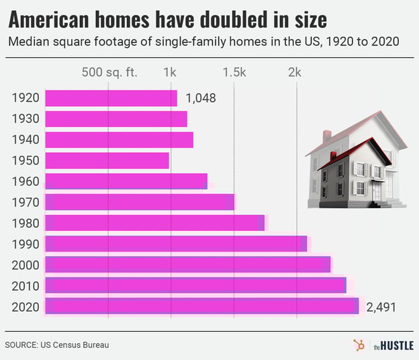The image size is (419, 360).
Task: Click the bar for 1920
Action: click(111, 98)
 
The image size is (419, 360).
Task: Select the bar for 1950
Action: click(107, 161)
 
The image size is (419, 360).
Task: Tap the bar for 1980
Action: click(154, 223)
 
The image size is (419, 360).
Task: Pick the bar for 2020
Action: click(201, 306)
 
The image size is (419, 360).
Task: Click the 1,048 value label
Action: click(200, 99)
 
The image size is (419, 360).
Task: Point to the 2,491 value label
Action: click(381, 307)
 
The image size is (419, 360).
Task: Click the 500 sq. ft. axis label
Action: click(109, 73)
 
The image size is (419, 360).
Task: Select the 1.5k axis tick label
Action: click(234, 73)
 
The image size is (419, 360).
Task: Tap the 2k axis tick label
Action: click(297, 73)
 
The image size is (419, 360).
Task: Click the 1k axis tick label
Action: click(171, 73)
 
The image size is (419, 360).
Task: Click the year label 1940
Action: click(26, 140)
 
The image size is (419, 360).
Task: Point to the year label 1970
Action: click(26, 202)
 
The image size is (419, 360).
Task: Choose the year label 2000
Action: click(26, 265)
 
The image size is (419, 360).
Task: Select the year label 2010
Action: click(26, 285)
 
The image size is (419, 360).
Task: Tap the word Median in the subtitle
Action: click(28, 42)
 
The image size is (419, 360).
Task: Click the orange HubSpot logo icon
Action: click(359, 345)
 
